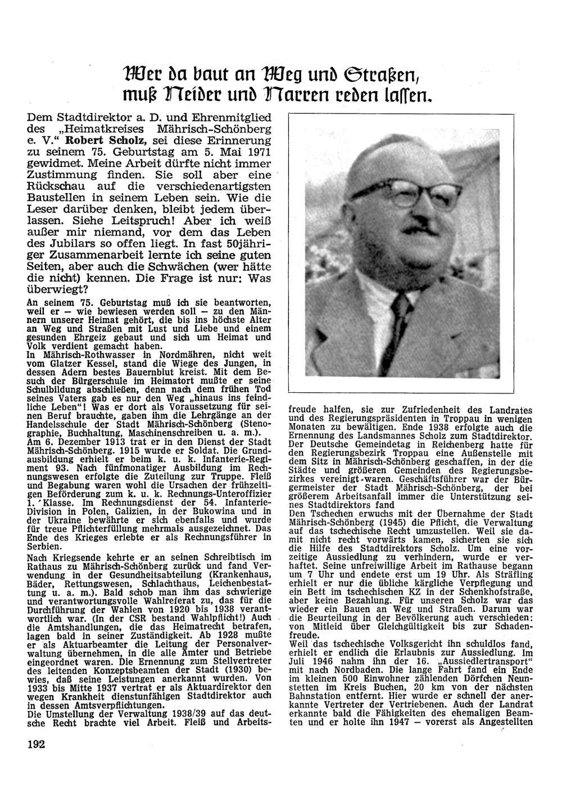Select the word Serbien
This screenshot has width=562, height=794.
pos(44,546)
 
